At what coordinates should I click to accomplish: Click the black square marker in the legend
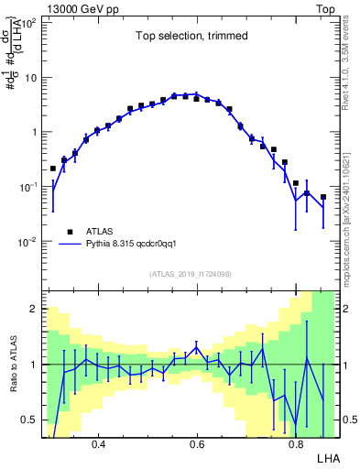(68, 232)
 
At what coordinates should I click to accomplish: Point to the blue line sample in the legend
(68, 245)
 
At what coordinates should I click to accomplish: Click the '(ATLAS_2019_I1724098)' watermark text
(191, 273)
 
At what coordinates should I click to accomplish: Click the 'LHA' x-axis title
(327, 456)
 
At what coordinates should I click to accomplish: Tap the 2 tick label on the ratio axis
(33, 310)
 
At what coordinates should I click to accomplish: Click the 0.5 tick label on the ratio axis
(28, 420)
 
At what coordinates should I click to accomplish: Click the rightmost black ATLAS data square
(323, 197)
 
